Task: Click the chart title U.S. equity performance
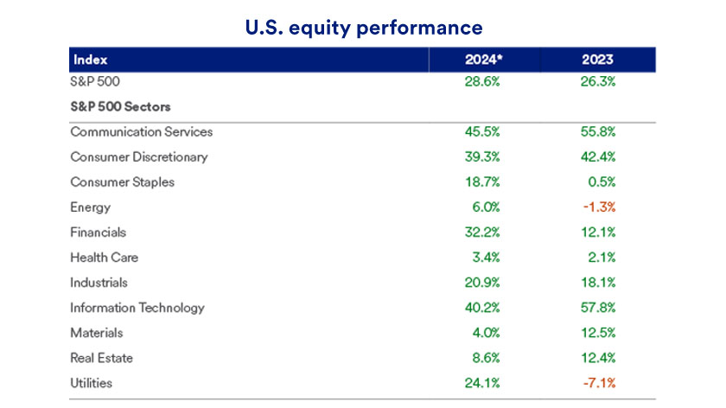point(364,29)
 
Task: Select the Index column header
point(90,60)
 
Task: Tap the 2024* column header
point(484,60)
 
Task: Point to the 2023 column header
point(598,60)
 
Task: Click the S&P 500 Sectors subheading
point(120,106)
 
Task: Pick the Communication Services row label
point(142,132)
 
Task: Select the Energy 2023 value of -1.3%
point(599,207)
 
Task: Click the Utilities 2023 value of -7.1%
point(599,383)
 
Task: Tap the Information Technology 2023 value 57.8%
point(598,308)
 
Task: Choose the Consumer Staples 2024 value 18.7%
point(482,182)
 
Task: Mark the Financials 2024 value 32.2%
point(482,232)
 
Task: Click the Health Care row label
point(105,258)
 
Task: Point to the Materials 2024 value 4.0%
point(486,333)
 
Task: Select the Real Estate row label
point(101,358)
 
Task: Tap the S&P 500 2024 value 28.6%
point(482,81)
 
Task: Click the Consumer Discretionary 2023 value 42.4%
point(598,157)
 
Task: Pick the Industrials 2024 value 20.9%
point(482,283)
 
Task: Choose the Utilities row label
point(92,383)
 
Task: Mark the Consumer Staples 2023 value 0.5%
point(602,182)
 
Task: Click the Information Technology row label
point(137,308)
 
